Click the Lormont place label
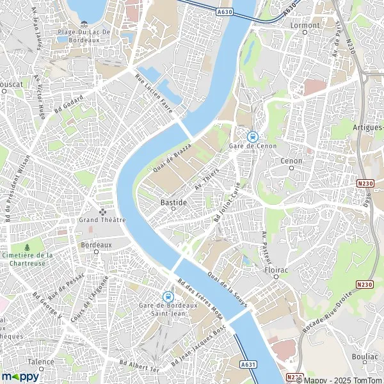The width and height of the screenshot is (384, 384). [305, 26]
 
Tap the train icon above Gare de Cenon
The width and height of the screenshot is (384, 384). [252, 136]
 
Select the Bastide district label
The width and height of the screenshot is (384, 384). [173, 202]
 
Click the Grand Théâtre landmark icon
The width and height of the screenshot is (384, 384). [102, 211]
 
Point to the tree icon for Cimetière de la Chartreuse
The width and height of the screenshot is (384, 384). [27, 247]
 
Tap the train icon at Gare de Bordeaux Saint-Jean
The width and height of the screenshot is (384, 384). [168, 296]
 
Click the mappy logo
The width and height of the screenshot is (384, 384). [20, 376]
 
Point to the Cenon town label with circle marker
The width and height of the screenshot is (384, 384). [291, 161]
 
